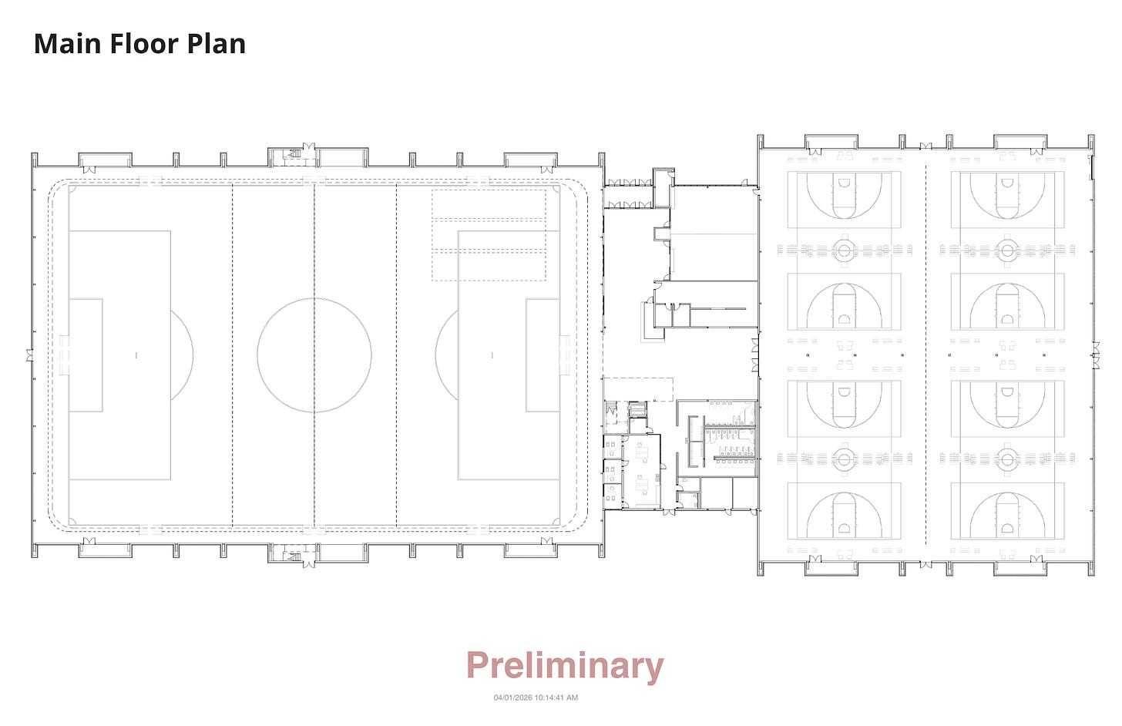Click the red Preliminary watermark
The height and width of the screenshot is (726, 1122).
(x=564, y=666)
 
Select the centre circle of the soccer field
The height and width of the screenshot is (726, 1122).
(x=314, y=355)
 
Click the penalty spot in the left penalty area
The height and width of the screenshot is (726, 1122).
(x=136, y=355)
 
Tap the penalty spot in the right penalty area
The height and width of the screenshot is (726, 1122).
(x=492, y=355)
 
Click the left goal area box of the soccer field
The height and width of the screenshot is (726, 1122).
(x=86, y=355)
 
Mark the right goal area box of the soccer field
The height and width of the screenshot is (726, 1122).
(x=543, y=355)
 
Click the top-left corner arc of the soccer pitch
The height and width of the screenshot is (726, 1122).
(x=72, y=188)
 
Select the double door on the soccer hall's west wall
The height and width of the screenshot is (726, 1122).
(x=29, y=355)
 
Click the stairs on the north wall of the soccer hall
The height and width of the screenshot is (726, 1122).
(x=293, y=156)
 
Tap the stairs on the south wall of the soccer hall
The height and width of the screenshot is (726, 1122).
(x=293, y=554)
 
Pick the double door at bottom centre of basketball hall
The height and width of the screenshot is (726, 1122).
(x=925, y=565)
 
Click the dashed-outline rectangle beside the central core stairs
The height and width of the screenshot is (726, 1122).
(x=638, y=389)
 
